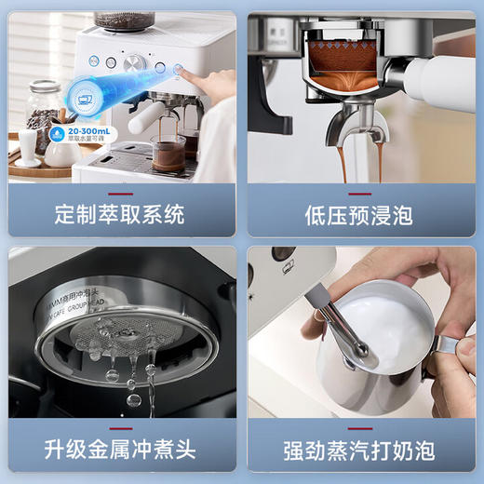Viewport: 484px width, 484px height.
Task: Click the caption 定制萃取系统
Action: [121, 215]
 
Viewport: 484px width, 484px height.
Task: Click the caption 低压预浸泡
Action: [363, 215]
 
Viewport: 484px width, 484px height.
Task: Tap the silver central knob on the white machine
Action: [136, 63]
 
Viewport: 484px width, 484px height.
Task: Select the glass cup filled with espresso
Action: [168, 152]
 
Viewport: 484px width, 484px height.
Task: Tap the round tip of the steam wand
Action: [360, 355]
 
